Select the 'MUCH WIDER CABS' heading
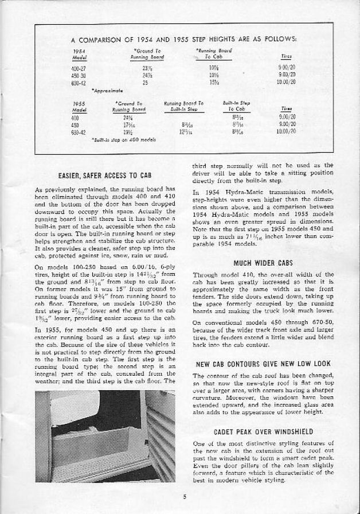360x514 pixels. coord(263,263)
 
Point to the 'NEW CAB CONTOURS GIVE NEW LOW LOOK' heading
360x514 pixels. coord(263,364)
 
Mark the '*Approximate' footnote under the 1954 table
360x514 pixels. coord(107,90)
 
